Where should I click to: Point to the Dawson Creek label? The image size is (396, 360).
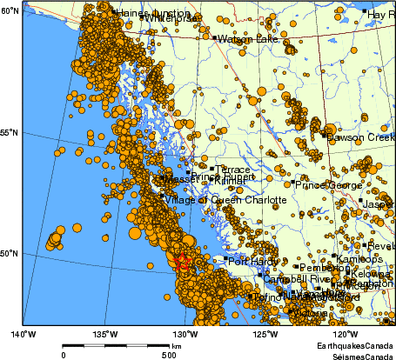pos(359,137)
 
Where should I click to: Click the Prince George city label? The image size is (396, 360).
pos(327,184)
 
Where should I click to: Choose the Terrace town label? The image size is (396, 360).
pos(232,169)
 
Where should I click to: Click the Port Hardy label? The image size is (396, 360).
pos(252,260)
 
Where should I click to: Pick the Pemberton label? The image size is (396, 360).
pos(323,268)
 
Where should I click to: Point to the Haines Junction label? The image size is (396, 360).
pos(147,13)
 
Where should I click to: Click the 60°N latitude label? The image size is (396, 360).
pos(10,10)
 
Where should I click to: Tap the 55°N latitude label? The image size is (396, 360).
pos(10,132)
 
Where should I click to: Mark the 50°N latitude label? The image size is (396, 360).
pos(10,254)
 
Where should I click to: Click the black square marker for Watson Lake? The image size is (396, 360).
pos(214,37)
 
